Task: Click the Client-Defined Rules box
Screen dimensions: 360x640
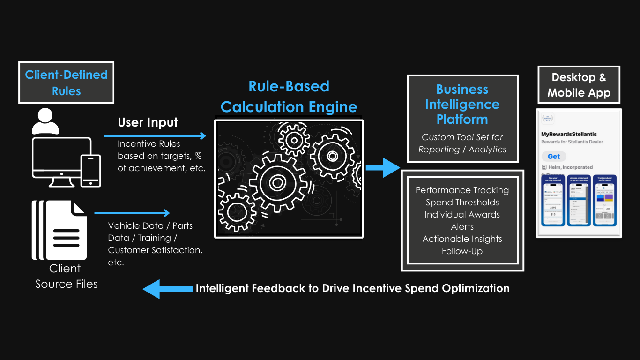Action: pyautogui.click(x=66, y=82)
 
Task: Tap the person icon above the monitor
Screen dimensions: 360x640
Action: pyautogui.click(x=45, y=120)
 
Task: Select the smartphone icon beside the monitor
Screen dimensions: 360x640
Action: pyautogui.click(x=91, y=171)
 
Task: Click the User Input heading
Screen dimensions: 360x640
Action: pyautogui.click(x=148, y=122)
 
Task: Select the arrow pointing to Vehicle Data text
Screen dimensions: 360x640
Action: pyautogui.click(x=132, y=213)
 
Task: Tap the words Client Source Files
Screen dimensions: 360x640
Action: pyautogui.click(x=66, y=276)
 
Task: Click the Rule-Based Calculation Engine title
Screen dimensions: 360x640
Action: pyautogui.click(x=289, y=97)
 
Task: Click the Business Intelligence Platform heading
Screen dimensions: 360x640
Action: pyautogui.click(x=462, y=104)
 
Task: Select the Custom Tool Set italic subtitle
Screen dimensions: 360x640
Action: pyautogui.click(x=462, y=143)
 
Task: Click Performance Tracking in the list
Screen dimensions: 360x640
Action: pyautogui.click(x=462, y=190)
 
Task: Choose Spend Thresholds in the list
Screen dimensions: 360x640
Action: pyautogui.click(x=462, y=202)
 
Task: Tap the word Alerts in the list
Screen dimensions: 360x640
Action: pyautogui.click(x=462, y=226)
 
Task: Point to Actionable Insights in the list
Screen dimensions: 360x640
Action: pyautogui.click(x=462, y=239)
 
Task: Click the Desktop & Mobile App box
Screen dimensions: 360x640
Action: pyautogui.click(x=579, y=85)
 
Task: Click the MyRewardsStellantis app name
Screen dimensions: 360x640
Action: pyautogui.click(x=569, y=134)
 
